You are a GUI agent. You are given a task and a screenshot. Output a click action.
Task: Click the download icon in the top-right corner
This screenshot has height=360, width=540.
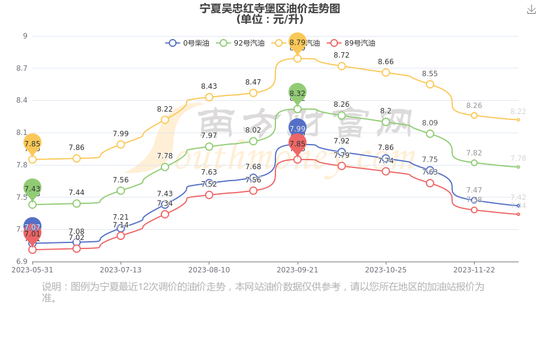(x=531, y=10)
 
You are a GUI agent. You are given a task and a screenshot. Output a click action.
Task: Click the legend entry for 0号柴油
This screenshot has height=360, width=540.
(x=188, y=43)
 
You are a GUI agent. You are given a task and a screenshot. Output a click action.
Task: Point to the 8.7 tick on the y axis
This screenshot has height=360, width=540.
(x=22, y=68)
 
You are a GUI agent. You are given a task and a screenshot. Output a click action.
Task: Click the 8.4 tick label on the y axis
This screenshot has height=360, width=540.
(x=22, y=100)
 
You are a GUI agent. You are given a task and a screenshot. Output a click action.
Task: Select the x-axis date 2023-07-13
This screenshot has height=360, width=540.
(x=121, y=270)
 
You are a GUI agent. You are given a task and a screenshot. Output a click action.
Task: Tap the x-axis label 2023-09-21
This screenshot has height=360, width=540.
(x=298, y=270)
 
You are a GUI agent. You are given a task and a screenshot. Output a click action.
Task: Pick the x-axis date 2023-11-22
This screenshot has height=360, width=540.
(x=474, y=270)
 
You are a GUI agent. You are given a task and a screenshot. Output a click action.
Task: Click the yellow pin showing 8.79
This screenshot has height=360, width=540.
(x=298, y=43)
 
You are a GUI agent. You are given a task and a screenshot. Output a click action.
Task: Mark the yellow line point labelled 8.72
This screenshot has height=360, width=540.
(x=341, y=66)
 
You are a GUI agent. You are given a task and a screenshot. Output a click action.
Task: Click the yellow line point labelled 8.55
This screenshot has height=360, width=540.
(x=430, y=85)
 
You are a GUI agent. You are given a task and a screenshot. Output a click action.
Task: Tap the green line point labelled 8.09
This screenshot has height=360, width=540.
(x=430, y=134)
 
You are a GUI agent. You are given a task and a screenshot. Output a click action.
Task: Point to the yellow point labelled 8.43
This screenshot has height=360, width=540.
(x=209, y=97)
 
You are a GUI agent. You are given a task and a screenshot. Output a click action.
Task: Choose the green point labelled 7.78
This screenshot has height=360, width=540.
(x=165, y=167)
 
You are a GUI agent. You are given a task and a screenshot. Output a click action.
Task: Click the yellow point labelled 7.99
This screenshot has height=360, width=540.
(x=121, y=145)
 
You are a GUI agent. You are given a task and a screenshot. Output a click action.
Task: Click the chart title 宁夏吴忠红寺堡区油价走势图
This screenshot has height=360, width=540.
(x=270, y=8)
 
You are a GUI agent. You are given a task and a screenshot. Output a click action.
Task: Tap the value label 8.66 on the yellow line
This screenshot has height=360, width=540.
(x=386, y=62)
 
